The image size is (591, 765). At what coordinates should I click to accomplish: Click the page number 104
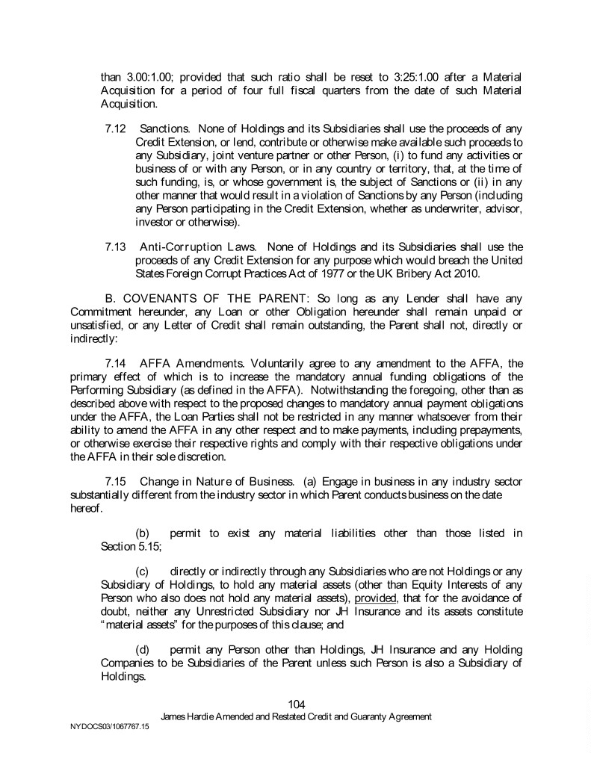click(x=296, y=704)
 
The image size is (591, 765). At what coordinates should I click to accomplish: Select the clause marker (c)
click(x=142, y=572)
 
